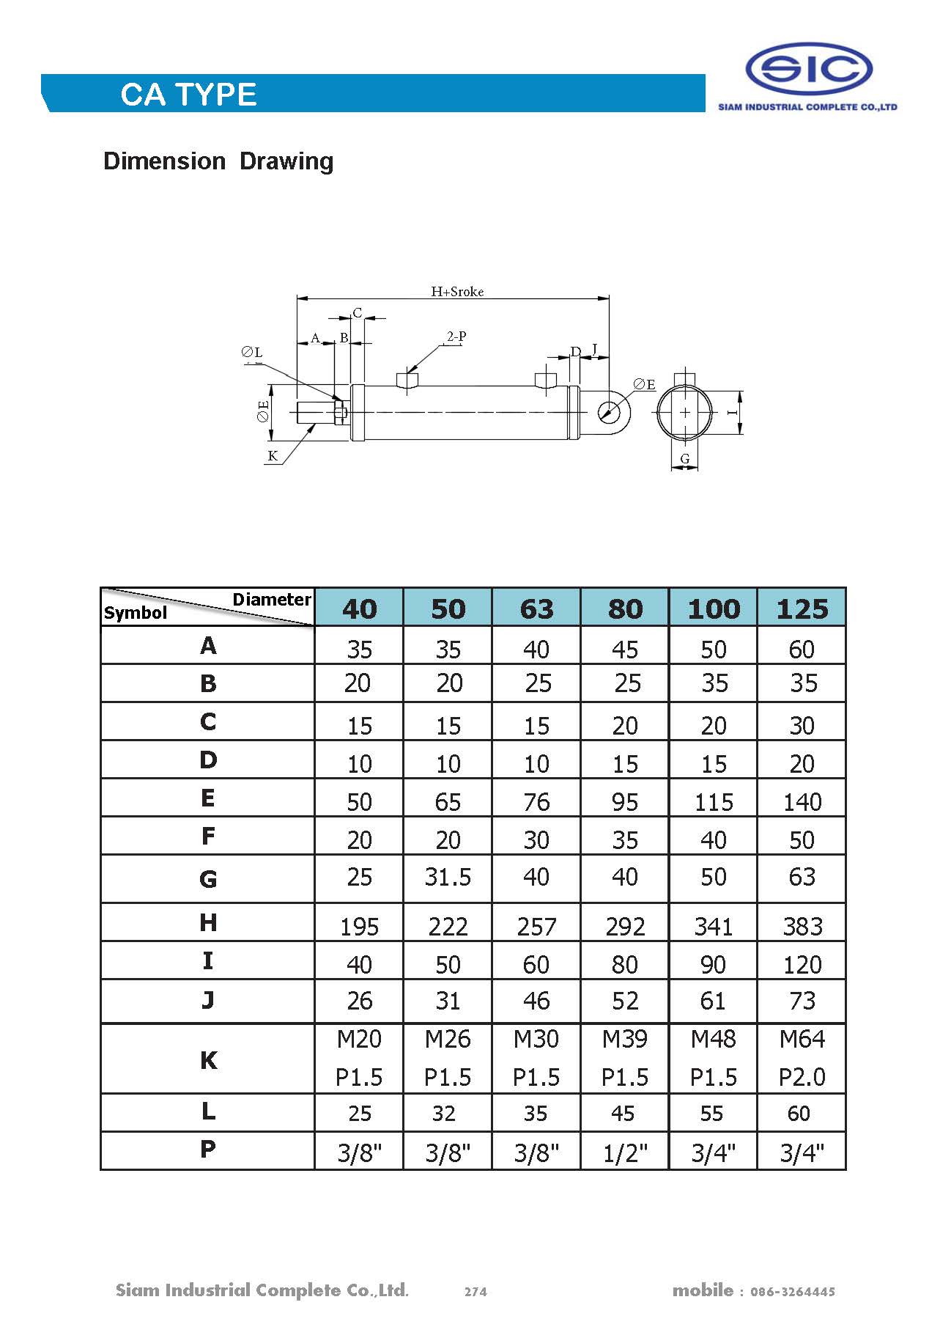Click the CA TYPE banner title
188,95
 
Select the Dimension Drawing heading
218,161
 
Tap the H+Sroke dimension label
457,292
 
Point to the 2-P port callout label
456,337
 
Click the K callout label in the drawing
273,456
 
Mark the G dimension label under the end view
685,459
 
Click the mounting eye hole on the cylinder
607,411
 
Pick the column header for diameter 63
536,609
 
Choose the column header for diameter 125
802,609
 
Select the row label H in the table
208,922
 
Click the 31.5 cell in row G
448,877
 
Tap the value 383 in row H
802,927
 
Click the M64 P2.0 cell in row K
802,1058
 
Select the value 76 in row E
536,802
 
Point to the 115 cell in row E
714,802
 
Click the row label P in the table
208,1149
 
